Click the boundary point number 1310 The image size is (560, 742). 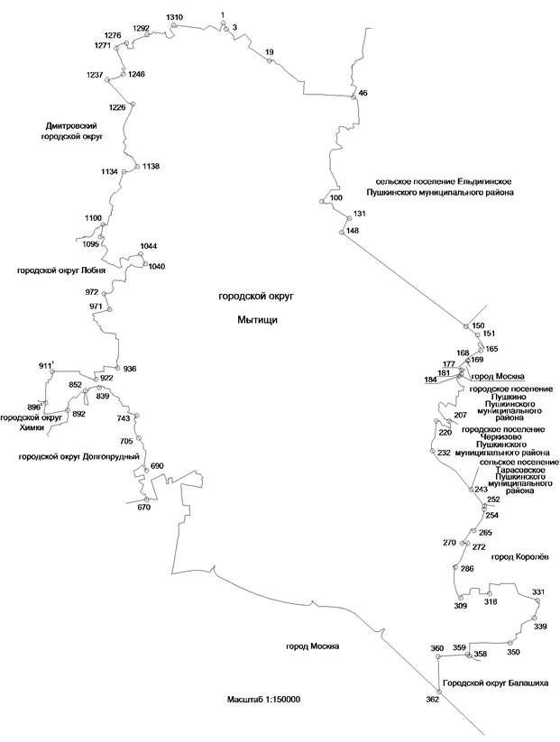pos(175,18)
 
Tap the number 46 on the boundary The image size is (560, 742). pos(363,93)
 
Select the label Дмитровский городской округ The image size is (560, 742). pos(72,131)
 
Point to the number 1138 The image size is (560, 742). pos(151,166)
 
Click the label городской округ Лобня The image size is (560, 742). pos(61,270)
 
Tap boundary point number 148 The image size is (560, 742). pos(352,231)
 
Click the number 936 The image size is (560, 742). pos(129,369)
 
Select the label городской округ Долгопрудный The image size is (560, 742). pos(79,457)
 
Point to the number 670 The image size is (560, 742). pos(143,507)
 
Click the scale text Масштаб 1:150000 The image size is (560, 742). pos(264,699)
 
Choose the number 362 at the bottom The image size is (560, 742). pos(432,699)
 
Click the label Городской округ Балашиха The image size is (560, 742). pos(495,682)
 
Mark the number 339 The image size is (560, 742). pos(540,626)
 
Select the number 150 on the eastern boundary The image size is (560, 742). pos(478,325)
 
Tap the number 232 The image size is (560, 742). pos(443,453)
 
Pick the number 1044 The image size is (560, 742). pos(149,246)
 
